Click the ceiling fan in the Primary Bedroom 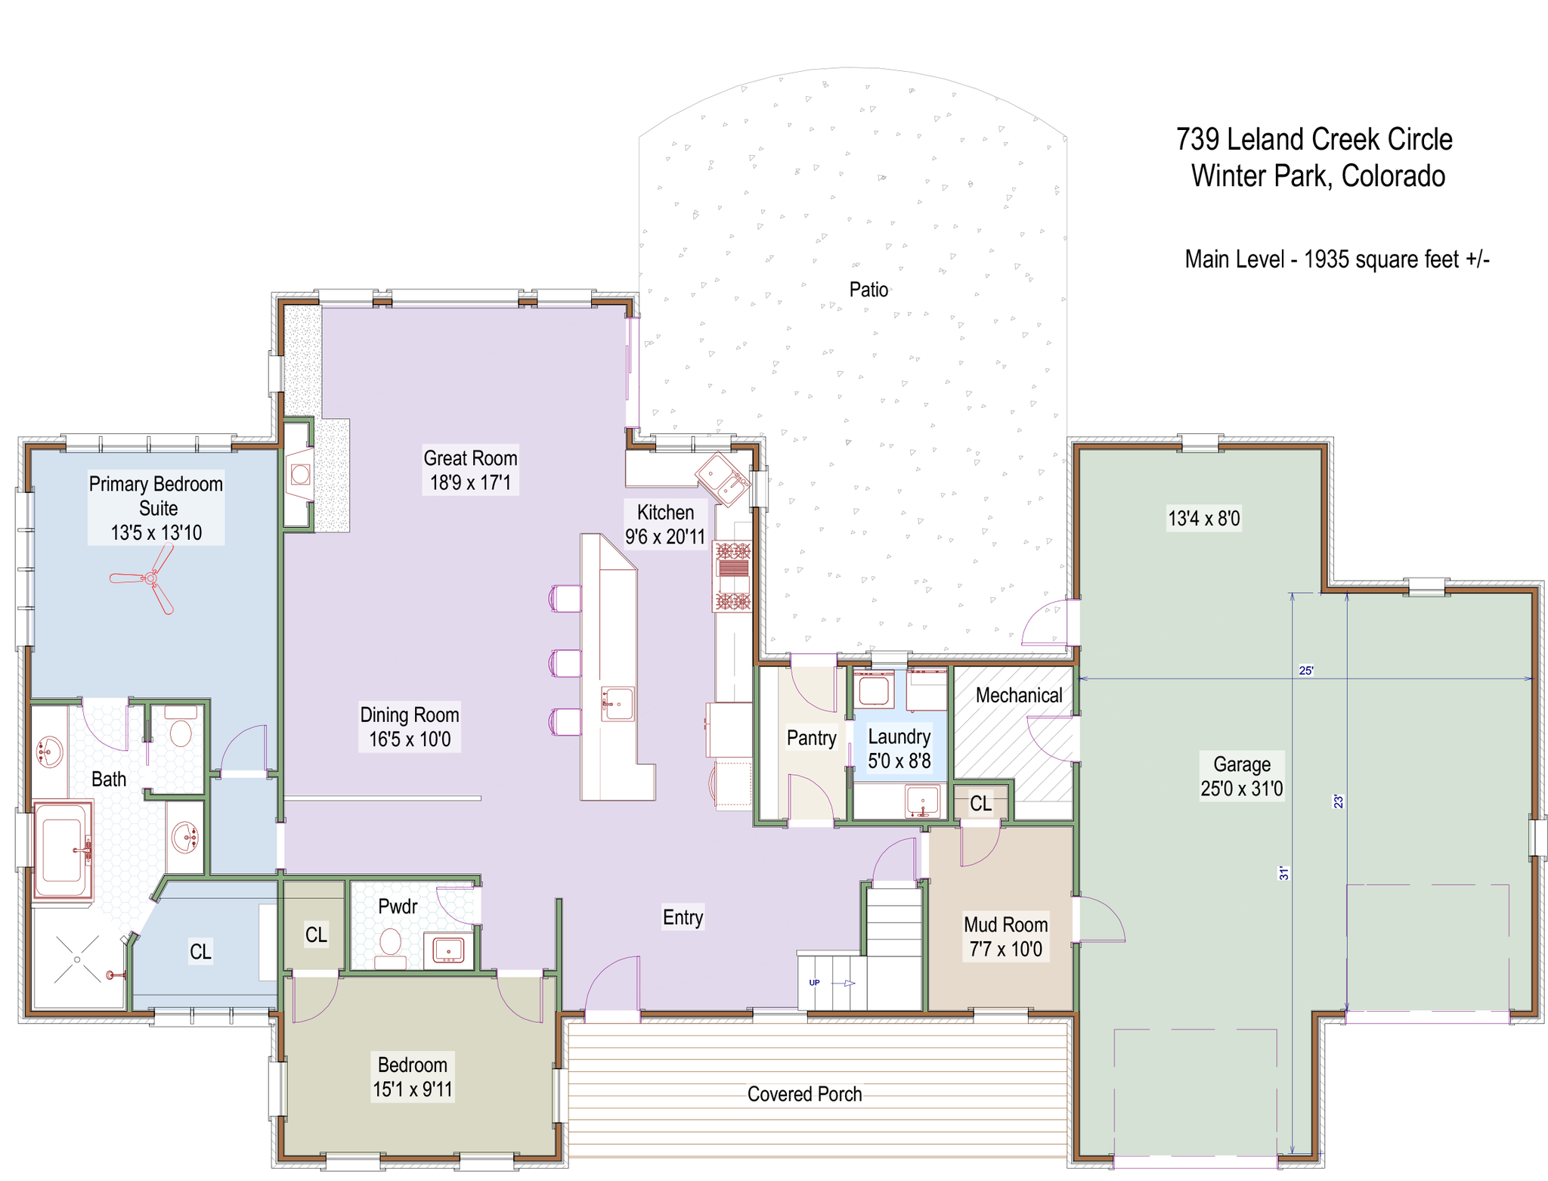pos(150,578)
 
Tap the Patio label pos(868,290)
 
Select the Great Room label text pos(470,458)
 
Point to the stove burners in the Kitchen pos(732,576)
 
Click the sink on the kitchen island pos(618,704)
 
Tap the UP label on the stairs pos(814,983)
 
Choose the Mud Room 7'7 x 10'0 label pos(1005,937)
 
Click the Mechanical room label pos(1019,696)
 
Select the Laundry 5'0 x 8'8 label pos(899,749)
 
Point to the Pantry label pos(811,738)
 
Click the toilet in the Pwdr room pos(390,948)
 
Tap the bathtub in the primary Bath pos(63,851)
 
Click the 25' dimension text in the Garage pos(1306,671)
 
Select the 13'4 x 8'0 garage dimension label pos(1204,519)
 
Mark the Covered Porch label pos(804,1094)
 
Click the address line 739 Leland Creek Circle pos(1314,139)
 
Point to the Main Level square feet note pos(1336,259)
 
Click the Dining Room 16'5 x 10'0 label pos(409,727)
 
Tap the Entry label pos(683,917)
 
